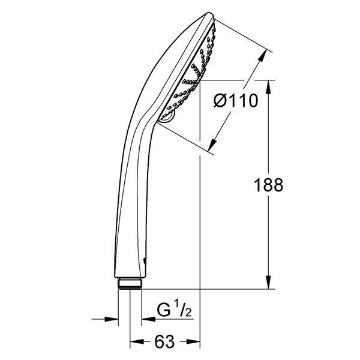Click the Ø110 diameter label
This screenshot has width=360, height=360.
tap(236, 101)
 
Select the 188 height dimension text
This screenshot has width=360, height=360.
tap(268, 185)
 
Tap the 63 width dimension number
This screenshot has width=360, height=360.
tap(164, 341)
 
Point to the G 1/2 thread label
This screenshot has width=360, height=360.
tap(174, 311)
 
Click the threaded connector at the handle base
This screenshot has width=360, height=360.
tap(130, 284)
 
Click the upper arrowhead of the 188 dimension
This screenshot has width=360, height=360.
tap(269, 87)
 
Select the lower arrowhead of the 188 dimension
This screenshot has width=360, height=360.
tap(269, 282)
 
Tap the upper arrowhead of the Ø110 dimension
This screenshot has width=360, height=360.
tap(263, 56)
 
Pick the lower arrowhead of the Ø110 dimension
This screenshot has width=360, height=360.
tap(212, 145)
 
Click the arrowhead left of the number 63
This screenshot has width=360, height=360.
tap(137, 341)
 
